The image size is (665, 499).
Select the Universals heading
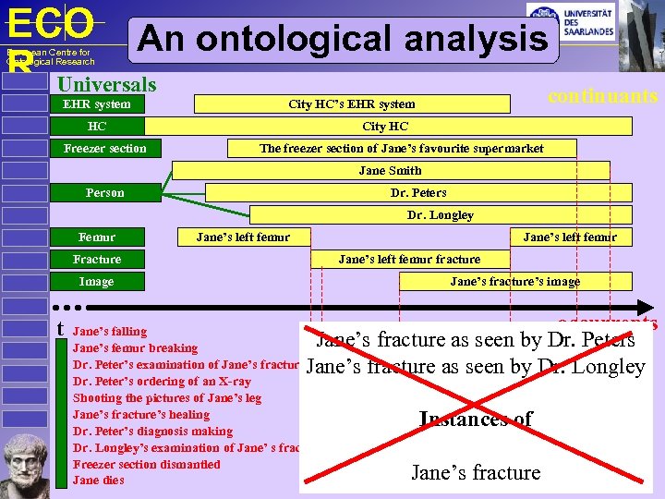click(x=107, y=85)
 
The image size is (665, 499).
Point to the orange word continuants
click(x=602, y=96)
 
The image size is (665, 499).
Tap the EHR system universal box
click(x=97, y=104)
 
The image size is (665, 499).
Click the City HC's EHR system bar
click(x=351, y=104)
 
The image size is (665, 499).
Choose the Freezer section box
click(x=104, y=149)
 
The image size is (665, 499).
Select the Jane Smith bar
click(x=390, y=171)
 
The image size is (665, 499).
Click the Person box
click(x=104, y=193)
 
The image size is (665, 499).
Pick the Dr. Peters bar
click(x=417, y=193)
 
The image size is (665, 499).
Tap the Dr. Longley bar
click(x=440, y=215)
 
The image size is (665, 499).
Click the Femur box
click(x=97, y=237)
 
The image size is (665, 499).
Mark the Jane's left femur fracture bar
click(x=409, y=260)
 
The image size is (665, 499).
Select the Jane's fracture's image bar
click(x=514, y=282)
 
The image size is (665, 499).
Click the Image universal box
click(x=97, y=282)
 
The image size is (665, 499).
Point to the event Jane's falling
click(x=109, y=331)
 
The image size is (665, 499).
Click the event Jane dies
click(x=98, y=481)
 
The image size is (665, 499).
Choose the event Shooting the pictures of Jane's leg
click(x=166, y=398)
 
